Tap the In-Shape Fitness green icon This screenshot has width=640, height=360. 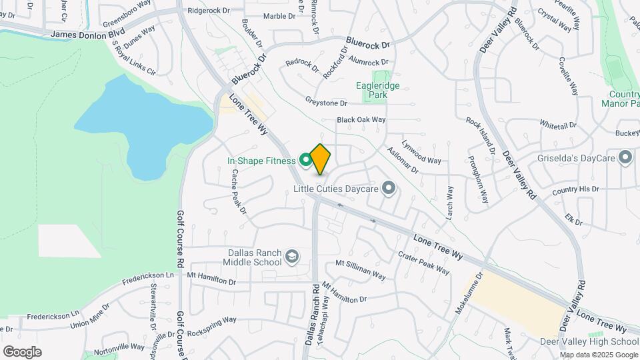306,160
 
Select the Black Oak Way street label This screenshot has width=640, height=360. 361,120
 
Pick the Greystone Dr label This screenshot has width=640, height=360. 327,103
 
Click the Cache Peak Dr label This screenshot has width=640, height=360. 239,191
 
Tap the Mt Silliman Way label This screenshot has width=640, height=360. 360,269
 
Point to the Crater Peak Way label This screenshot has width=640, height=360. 424,261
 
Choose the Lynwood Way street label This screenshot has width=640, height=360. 422,157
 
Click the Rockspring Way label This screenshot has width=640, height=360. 212,326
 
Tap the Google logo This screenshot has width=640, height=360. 22,351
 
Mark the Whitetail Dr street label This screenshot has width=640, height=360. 558,125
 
